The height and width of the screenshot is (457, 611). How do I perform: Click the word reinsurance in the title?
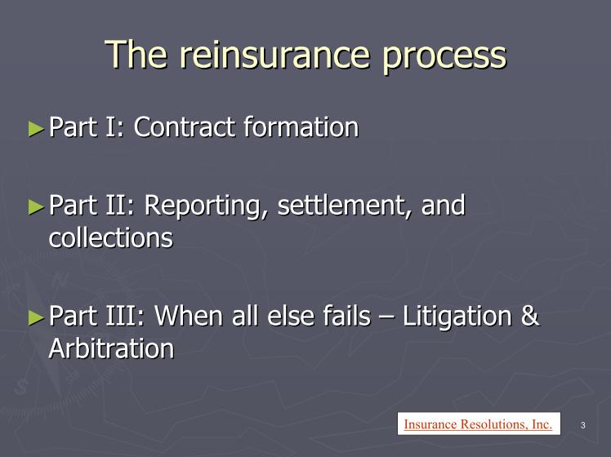[274, 55]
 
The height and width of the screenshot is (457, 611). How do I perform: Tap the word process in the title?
[444, 60]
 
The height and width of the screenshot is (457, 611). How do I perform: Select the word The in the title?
[136, 54]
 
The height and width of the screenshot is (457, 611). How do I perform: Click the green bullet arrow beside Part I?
[36, 128]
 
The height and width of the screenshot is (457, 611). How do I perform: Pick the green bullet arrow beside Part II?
[36, 207]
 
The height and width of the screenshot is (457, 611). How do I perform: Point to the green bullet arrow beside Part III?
[36, 317]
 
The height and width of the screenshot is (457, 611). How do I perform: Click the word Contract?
[185, 127]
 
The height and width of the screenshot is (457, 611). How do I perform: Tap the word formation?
[301, 127]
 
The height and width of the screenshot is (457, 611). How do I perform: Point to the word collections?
[111, 237]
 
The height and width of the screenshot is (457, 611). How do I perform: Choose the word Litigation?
[457, 317]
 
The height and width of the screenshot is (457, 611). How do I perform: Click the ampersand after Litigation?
[530, 316]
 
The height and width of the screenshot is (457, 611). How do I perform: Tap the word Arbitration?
[111, 348]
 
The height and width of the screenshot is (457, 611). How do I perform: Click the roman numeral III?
[125, 316]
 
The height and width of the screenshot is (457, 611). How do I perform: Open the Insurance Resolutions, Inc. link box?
[479, 424]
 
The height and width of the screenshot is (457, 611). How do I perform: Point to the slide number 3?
[583, 425]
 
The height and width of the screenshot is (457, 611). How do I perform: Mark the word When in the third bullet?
[189, 316]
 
